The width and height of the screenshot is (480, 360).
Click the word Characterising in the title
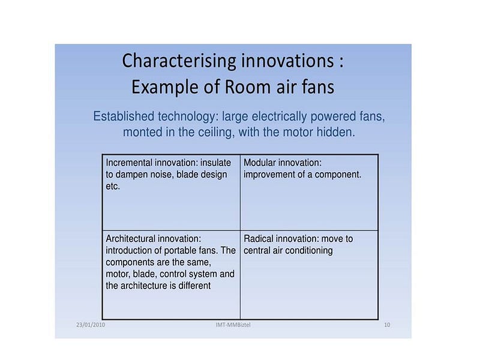[179, 61]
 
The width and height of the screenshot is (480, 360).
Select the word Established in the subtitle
[124, 116]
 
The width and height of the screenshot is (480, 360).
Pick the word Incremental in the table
[129, 163]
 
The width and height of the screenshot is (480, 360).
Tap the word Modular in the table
[260, 163]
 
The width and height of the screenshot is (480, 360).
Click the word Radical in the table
[260, 238]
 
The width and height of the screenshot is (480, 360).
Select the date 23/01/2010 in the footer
[91, 325]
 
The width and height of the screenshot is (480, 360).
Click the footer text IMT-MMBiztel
[233, 325]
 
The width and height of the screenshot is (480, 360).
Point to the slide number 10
[387, 325]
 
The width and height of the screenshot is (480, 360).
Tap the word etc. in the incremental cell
[113, 187]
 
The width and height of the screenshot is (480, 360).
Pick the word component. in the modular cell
[338, 175]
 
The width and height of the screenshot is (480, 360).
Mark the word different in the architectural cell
[194, 286]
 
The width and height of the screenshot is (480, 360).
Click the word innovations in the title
[287, 61]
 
